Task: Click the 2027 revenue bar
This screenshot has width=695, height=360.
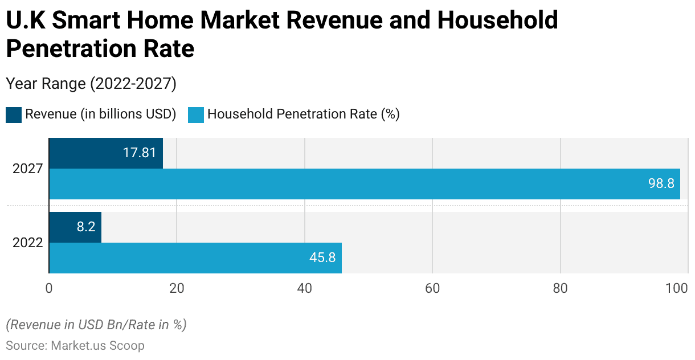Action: tap(106, 153)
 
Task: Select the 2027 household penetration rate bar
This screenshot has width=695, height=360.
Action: tap(365, 184)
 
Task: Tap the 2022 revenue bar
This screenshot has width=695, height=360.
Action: tap(75, 227)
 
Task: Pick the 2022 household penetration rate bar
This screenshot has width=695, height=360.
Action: tap(195, 258)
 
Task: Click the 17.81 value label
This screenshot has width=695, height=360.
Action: tap(139, 153)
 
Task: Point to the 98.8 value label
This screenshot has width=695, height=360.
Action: tap(661, 184)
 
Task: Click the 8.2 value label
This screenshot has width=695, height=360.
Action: tap(85, 227)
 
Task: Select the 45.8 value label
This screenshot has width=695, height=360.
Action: tap(322, 258)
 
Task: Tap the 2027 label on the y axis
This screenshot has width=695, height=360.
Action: tap(28, 169)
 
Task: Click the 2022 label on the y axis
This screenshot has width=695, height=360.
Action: tap(28, 243)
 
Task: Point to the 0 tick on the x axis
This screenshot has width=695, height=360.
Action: tap(49, 289)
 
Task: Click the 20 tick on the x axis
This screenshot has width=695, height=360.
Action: tap(177, 289)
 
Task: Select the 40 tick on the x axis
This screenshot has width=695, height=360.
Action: tap(305, 289)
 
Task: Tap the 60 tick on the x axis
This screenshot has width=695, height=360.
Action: tap(432, 289)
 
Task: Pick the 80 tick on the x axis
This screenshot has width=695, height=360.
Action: tap(561, 289)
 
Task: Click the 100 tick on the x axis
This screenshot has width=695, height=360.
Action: tap(677, 289)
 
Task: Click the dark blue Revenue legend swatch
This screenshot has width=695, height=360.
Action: tap(14, 114)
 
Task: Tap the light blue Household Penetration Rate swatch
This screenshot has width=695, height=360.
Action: tap(195, 114)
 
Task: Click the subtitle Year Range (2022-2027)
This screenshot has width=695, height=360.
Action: tap(91, 84)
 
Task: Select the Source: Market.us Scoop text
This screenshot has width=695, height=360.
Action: tap(75, 346)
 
